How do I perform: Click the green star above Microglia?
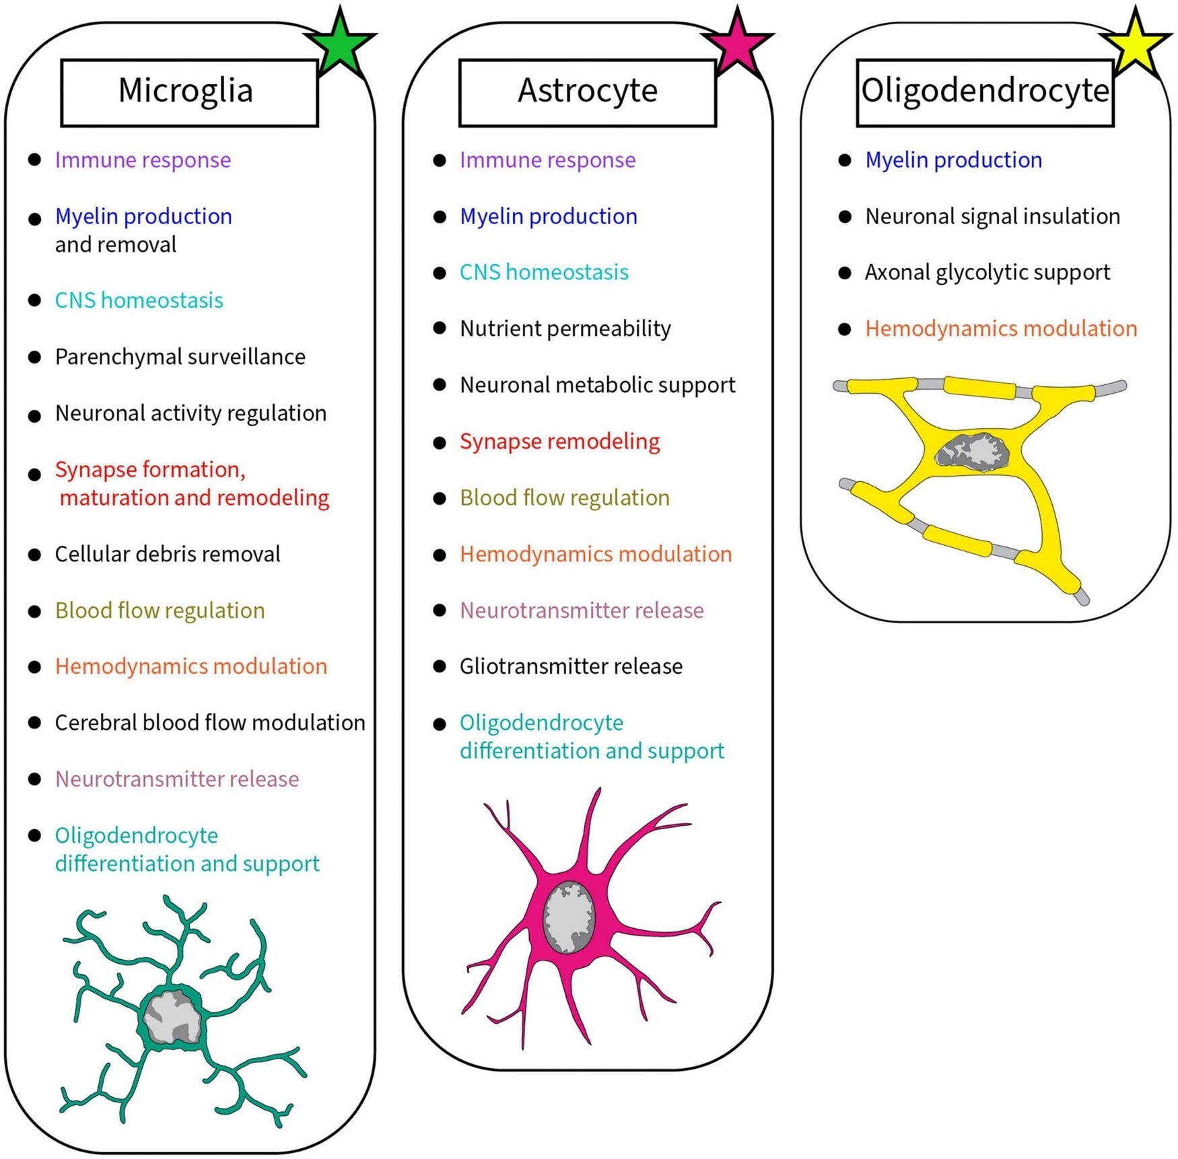coord(341,43)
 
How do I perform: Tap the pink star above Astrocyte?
coord(738,43)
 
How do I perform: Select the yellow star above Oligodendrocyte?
coord(1136,43)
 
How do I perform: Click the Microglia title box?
coord(189,92)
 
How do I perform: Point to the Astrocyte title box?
coord(587,92)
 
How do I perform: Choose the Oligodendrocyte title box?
coord(985,92)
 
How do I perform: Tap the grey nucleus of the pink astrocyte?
coord(569,917)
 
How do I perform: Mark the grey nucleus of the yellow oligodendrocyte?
coord(973,451)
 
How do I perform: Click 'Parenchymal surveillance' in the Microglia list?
coord(180,357)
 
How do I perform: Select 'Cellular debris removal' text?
coord(168,554)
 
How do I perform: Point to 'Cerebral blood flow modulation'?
coord(210,723)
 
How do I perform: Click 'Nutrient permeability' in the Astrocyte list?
coord(565,328)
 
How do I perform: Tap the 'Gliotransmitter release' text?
coord(571,666)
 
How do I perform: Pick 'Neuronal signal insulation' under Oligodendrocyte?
coord(992,217)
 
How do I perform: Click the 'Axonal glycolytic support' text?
coord(988,273)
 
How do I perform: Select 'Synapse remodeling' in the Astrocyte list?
coord(559,442)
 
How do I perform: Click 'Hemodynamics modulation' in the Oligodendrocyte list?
coord(1001,328)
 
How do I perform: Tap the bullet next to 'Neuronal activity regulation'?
coord(34,416)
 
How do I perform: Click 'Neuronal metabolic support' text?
coord(597,385)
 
